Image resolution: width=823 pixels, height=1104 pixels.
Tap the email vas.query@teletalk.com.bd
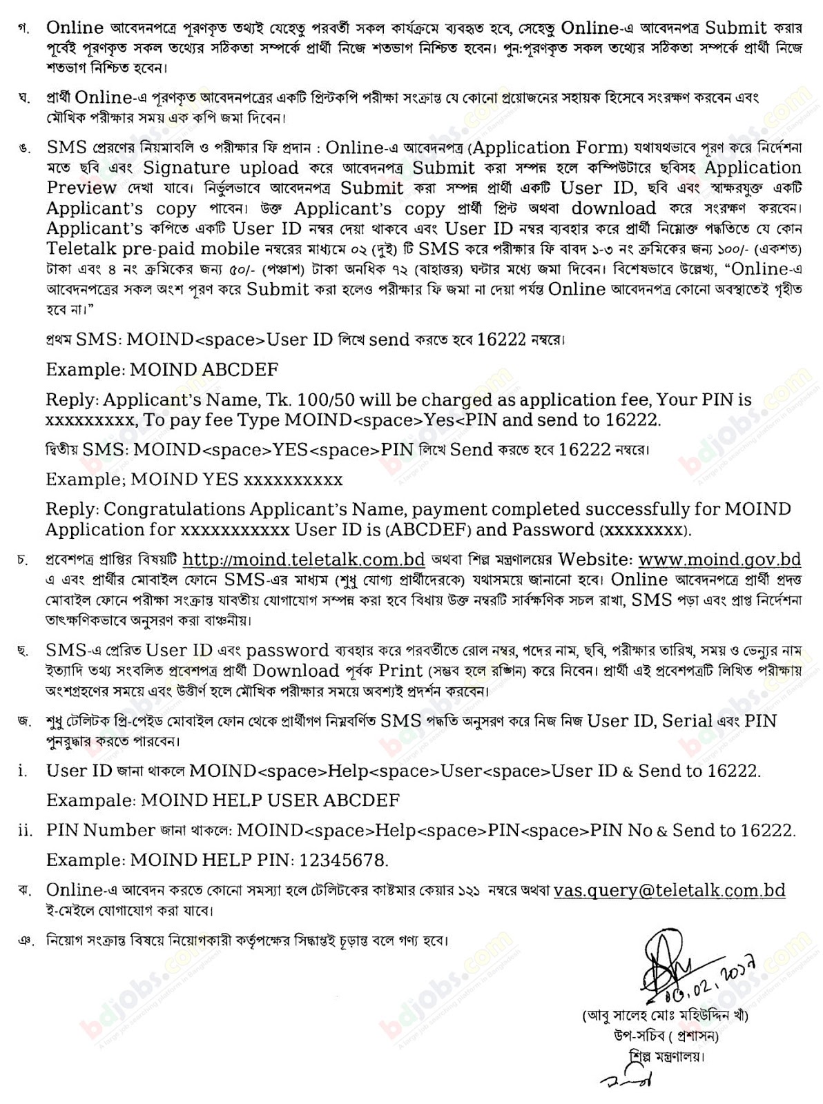[670, 890]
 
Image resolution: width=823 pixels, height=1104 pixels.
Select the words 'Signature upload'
[221, 168]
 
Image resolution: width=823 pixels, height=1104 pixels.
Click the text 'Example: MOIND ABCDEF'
[162, 369]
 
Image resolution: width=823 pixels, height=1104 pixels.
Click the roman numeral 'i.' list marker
[23, 771]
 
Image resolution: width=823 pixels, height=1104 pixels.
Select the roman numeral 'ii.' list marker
[25, 831]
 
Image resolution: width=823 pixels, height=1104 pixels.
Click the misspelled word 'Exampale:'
[90, 800]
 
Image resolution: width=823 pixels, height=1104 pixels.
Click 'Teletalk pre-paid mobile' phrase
[151, 248]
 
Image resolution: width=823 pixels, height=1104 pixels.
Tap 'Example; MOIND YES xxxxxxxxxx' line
[194, 479]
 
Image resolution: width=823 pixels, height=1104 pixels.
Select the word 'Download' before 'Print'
[296, 671]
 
